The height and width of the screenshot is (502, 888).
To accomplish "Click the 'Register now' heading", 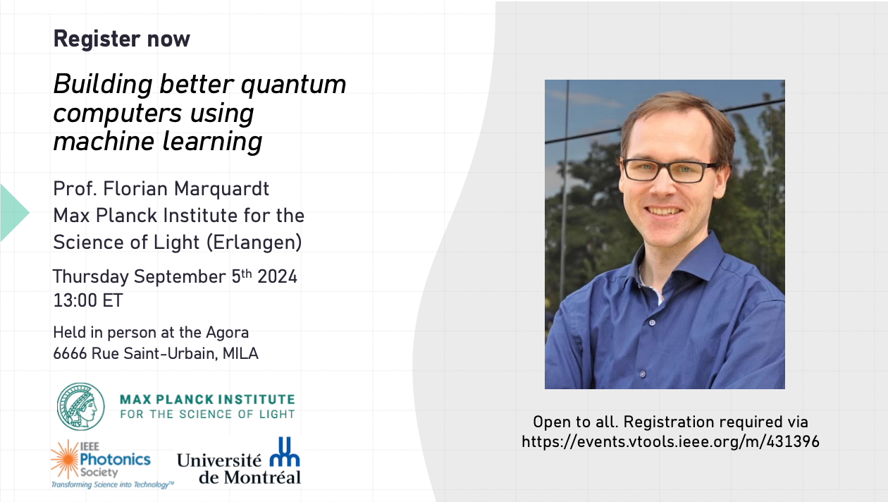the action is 122,39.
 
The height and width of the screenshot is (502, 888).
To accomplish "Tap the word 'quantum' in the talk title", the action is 293,85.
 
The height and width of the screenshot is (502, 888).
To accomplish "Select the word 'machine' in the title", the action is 104,141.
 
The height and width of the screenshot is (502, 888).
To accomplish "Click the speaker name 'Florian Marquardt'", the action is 186,189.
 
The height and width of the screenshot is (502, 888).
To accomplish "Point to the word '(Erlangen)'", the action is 254,243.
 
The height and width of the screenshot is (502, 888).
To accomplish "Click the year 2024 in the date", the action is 277,277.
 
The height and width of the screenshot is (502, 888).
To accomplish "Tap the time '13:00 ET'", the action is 88,300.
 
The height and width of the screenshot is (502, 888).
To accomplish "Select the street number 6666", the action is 70,353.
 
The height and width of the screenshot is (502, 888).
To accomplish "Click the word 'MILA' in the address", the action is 240,353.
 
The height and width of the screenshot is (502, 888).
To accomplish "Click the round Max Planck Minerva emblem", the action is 81,406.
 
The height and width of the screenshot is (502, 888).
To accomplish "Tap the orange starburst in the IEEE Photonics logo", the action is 66,459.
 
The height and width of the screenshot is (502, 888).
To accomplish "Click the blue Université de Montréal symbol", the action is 285,452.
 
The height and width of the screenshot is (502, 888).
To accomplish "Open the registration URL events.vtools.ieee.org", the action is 670,442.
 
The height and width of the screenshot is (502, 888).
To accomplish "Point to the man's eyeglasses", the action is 670,170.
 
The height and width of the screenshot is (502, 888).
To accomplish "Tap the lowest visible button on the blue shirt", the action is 643,374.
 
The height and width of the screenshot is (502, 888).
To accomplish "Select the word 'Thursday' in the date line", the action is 91,277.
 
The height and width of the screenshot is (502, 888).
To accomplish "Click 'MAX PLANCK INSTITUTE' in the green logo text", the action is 207,399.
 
